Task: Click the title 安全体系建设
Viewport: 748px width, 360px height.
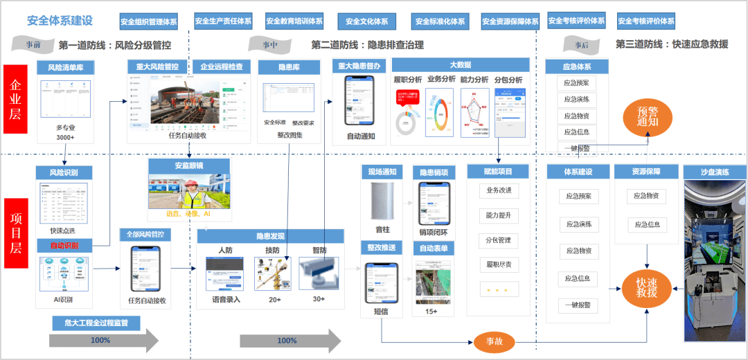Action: tap(60, 20)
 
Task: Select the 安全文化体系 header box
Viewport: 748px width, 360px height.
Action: tap(366, 21)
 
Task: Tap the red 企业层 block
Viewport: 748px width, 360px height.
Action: tap(15, 99)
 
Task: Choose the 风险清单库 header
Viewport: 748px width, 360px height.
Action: tap(65, 68)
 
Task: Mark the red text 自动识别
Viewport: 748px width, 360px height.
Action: tap(64, 246)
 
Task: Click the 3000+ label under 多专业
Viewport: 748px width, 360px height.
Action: tap(65, 138)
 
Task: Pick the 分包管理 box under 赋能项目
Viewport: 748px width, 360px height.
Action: tap(498, 240)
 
